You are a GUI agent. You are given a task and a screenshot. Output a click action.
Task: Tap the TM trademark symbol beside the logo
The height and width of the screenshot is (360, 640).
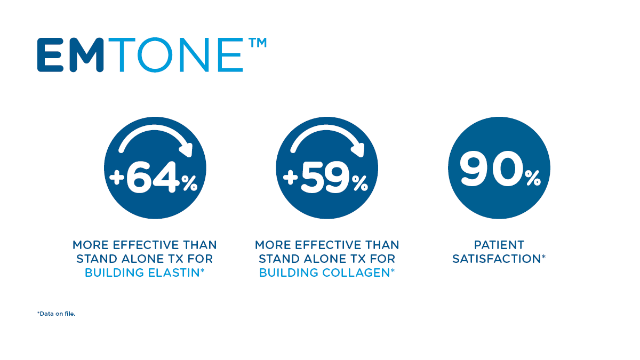click(258, 43)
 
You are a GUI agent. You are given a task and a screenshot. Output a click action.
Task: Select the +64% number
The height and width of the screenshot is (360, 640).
click(154, 177)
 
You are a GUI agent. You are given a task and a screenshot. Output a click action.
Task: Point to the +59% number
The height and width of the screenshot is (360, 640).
click(325, 177)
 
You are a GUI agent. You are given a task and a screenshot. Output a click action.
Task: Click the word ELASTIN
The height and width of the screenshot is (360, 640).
click(174, 273)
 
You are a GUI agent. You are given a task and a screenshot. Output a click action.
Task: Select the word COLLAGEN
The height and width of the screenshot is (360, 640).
click(356, 273)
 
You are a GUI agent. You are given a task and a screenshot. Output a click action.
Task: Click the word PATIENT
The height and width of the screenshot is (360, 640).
click(499, 245)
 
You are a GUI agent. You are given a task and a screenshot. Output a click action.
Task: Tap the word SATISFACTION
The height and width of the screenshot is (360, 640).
click(497, 259)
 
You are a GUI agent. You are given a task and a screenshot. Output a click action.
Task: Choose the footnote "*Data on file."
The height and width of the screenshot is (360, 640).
click(57, 314)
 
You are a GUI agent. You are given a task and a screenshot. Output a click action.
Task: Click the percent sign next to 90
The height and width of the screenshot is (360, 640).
click(533, 178)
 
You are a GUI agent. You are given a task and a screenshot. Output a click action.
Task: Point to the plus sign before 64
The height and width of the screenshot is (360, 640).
click(117, 178)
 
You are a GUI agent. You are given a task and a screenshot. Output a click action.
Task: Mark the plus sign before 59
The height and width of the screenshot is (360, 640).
click(291, 178)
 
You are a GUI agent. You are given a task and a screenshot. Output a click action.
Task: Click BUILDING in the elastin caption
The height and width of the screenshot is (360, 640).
click(114, 273)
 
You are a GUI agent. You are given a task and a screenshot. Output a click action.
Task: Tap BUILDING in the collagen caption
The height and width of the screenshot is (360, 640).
click(289, 273)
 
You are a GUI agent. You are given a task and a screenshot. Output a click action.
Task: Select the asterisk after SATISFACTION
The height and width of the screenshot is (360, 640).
click(543, 257)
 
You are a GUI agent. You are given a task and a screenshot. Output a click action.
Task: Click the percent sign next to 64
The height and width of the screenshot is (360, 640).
click(189, 183)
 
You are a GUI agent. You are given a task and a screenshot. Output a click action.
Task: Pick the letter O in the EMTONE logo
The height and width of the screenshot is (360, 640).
click(155, 54)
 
